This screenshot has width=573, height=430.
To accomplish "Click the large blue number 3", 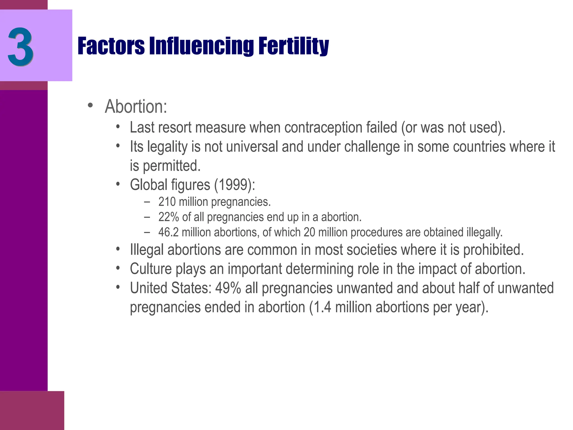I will (x=20, y=47).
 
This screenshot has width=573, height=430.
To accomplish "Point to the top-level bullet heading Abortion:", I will (x=136, y=107).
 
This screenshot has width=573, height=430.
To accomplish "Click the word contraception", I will (x=323, y=128).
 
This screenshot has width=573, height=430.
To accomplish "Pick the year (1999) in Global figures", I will (x=234, y=185).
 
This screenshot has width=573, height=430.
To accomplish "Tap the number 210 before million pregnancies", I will (x=167, y=202).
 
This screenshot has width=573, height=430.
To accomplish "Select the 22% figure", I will (x=168, y=217).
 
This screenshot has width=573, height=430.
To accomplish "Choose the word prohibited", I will (x=493, y=250).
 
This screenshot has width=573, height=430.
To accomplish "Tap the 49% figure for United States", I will (x=228, y=288).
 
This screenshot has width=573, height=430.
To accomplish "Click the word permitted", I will (x=172, y=166).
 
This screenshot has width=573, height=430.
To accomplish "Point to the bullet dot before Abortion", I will (x=90, y=106).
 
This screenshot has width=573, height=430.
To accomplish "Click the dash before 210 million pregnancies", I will (x=147, y=202).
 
